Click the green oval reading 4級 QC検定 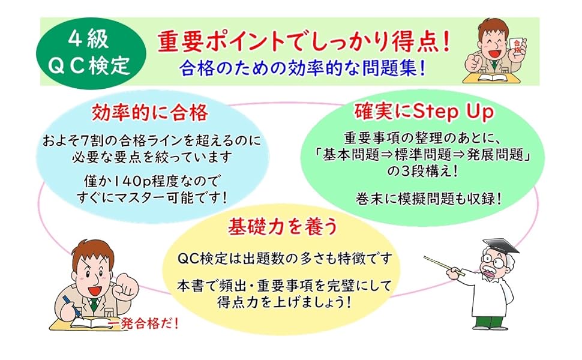click(91, 53)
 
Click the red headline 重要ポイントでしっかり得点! click(304, 41)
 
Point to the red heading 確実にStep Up click(424, 112)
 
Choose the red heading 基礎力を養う click(283, 226)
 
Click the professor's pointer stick click(444, 265)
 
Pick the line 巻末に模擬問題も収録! click(429, 199)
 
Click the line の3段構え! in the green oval click(422, 172)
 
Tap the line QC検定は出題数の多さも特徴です click(285, 259)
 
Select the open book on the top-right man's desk click(491, 77)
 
